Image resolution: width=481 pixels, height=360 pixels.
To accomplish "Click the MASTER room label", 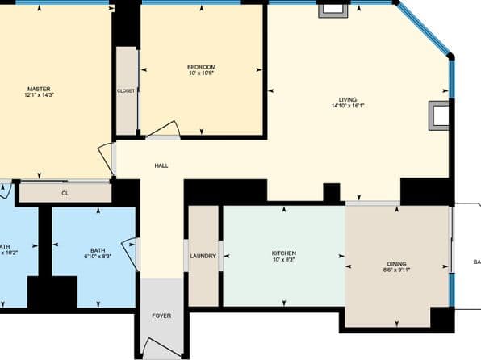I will point(39,89).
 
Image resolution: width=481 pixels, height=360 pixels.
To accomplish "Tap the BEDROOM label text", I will point(201,67).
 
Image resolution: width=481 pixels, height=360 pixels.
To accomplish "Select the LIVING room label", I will point(347,99).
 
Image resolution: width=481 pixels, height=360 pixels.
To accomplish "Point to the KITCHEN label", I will point(284,253).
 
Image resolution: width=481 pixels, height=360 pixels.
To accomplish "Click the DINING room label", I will point(396,264).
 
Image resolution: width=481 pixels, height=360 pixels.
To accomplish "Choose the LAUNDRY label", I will point(203,257).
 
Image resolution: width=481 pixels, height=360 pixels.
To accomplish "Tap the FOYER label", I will point(161,315).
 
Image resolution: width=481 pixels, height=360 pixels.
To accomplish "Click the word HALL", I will point(161,166).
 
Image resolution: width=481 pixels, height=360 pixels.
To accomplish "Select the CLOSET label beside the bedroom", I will point(126,90).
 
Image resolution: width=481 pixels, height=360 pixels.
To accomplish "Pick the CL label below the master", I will point(65,193).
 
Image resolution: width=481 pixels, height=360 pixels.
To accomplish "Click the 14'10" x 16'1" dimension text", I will point(348,106).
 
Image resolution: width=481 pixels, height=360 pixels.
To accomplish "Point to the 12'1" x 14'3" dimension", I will point(39,95).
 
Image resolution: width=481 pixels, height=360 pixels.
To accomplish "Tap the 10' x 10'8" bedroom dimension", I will point(201,73).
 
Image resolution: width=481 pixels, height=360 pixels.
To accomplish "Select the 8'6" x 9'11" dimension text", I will point(396,270).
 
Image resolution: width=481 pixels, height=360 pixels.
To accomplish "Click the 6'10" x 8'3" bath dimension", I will point(98,257).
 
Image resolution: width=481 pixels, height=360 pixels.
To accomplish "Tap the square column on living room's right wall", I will point(440,115).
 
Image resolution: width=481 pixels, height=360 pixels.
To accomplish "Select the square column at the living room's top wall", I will point(333,10).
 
